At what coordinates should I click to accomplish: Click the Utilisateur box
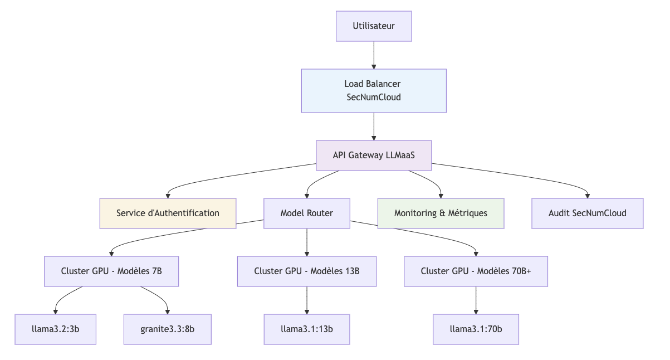(x=374, y=26)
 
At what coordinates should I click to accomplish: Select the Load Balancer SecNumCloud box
(x=374, y=91)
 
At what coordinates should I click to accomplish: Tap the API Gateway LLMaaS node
(x=374, y=155)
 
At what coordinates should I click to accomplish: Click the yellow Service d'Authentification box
(x=168, y=213)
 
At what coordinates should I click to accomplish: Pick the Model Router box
(x=307, y=213)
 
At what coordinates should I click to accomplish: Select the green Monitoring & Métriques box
(x=441, y=213)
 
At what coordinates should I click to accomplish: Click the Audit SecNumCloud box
(x=587, y=213)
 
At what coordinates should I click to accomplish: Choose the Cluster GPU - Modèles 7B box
(x=111, y=271)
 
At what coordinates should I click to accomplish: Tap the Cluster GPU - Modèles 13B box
(x=307, y=271)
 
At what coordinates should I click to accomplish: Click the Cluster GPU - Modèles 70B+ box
(x=476, y=271)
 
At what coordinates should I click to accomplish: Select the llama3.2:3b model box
(x=55, y=329)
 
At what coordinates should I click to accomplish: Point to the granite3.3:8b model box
(x=168, y=329)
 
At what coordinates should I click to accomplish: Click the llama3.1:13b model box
(x=307, y=329)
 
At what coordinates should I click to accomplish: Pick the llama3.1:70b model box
(x=476, y=329)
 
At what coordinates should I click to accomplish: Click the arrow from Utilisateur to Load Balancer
(x=374, y=55)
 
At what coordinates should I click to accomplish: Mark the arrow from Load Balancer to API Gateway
(x=374, y=126)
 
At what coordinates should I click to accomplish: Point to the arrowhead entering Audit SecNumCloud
(x=587, y=195)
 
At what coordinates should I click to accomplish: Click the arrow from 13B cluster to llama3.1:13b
(x=307, y=300)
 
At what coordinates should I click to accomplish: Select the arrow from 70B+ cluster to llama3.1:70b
(x=476, y=300)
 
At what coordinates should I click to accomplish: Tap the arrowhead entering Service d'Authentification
(x=168, y=195)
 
